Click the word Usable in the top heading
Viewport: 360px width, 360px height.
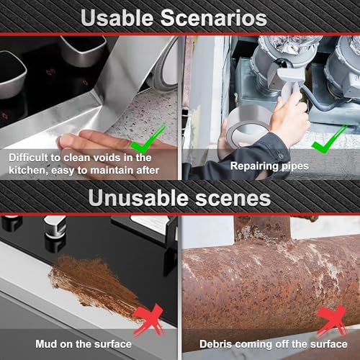[x=117, y=18]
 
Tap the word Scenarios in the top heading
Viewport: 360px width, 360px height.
[x=214, y=18]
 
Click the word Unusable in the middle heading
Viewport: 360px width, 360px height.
[x=138, y=198]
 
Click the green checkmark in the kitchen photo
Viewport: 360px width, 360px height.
[x=148, y=139]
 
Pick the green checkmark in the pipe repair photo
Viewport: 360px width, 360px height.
[x=329, y=140]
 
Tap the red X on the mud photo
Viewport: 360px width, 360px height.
[x=149, y=320]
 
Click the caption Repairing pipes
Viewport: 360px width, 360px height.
[x=269, y=166]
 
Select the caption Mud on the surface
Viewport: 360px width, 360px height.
[x=84, y=344]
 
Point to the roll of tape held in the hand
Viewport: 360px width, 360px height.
[x=247, y=127]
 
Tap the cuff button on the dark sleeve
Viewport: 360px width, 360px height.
[x=280, y=156]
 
